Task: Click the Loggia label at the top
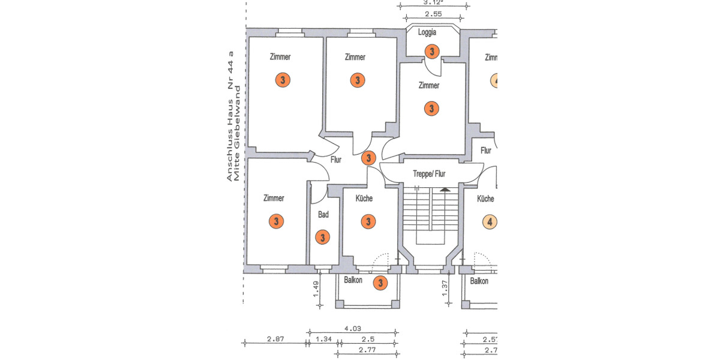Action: point(427,32)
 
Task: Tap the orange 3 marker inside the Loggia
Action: point(431,52)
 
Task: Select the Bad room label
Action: point(323,214)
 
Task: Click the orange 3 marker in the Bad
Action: point(323,238)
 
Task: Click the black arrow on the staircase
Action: point(444,190)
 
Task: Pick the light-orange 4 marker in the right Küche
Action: point(490,222)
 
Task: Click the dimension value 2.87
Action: point(275,340)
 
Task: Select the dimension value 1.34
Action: point(323,340)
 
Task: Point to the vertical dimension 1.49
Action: point(316,290)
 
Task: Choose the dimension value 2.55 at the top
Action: point(433,14)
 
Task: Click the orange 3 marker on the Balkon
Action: point(380,283)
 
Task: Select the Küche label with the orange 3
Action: point(364,199)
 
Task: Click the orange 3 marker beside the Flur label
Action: point(368,158)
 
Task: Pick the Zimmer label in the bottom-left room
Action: point(274,198)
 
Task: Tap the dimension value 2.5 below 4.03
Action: point(367,340)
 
